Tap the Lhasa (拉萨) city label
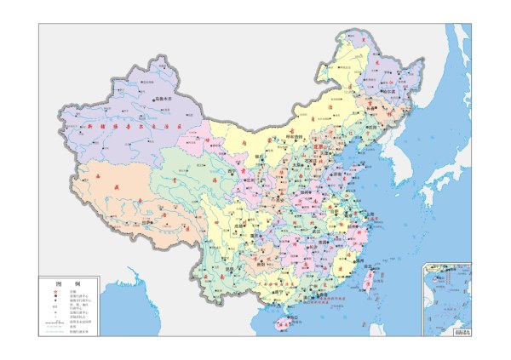pos(146,224)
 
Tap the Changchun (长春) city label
pos(382,108)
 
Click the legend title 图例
pos(67,283)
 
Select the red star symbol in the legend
pos(56,291)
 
